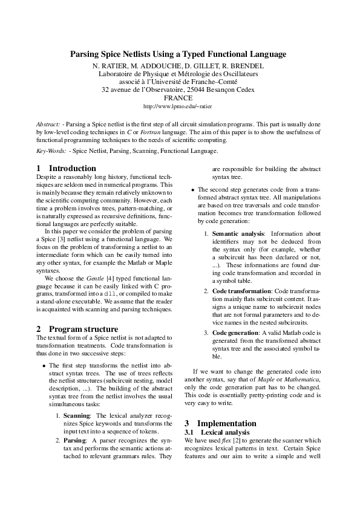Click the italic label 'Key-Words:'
[x=51, y=151]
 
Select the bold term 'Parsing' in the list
[x=75, y=441]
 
